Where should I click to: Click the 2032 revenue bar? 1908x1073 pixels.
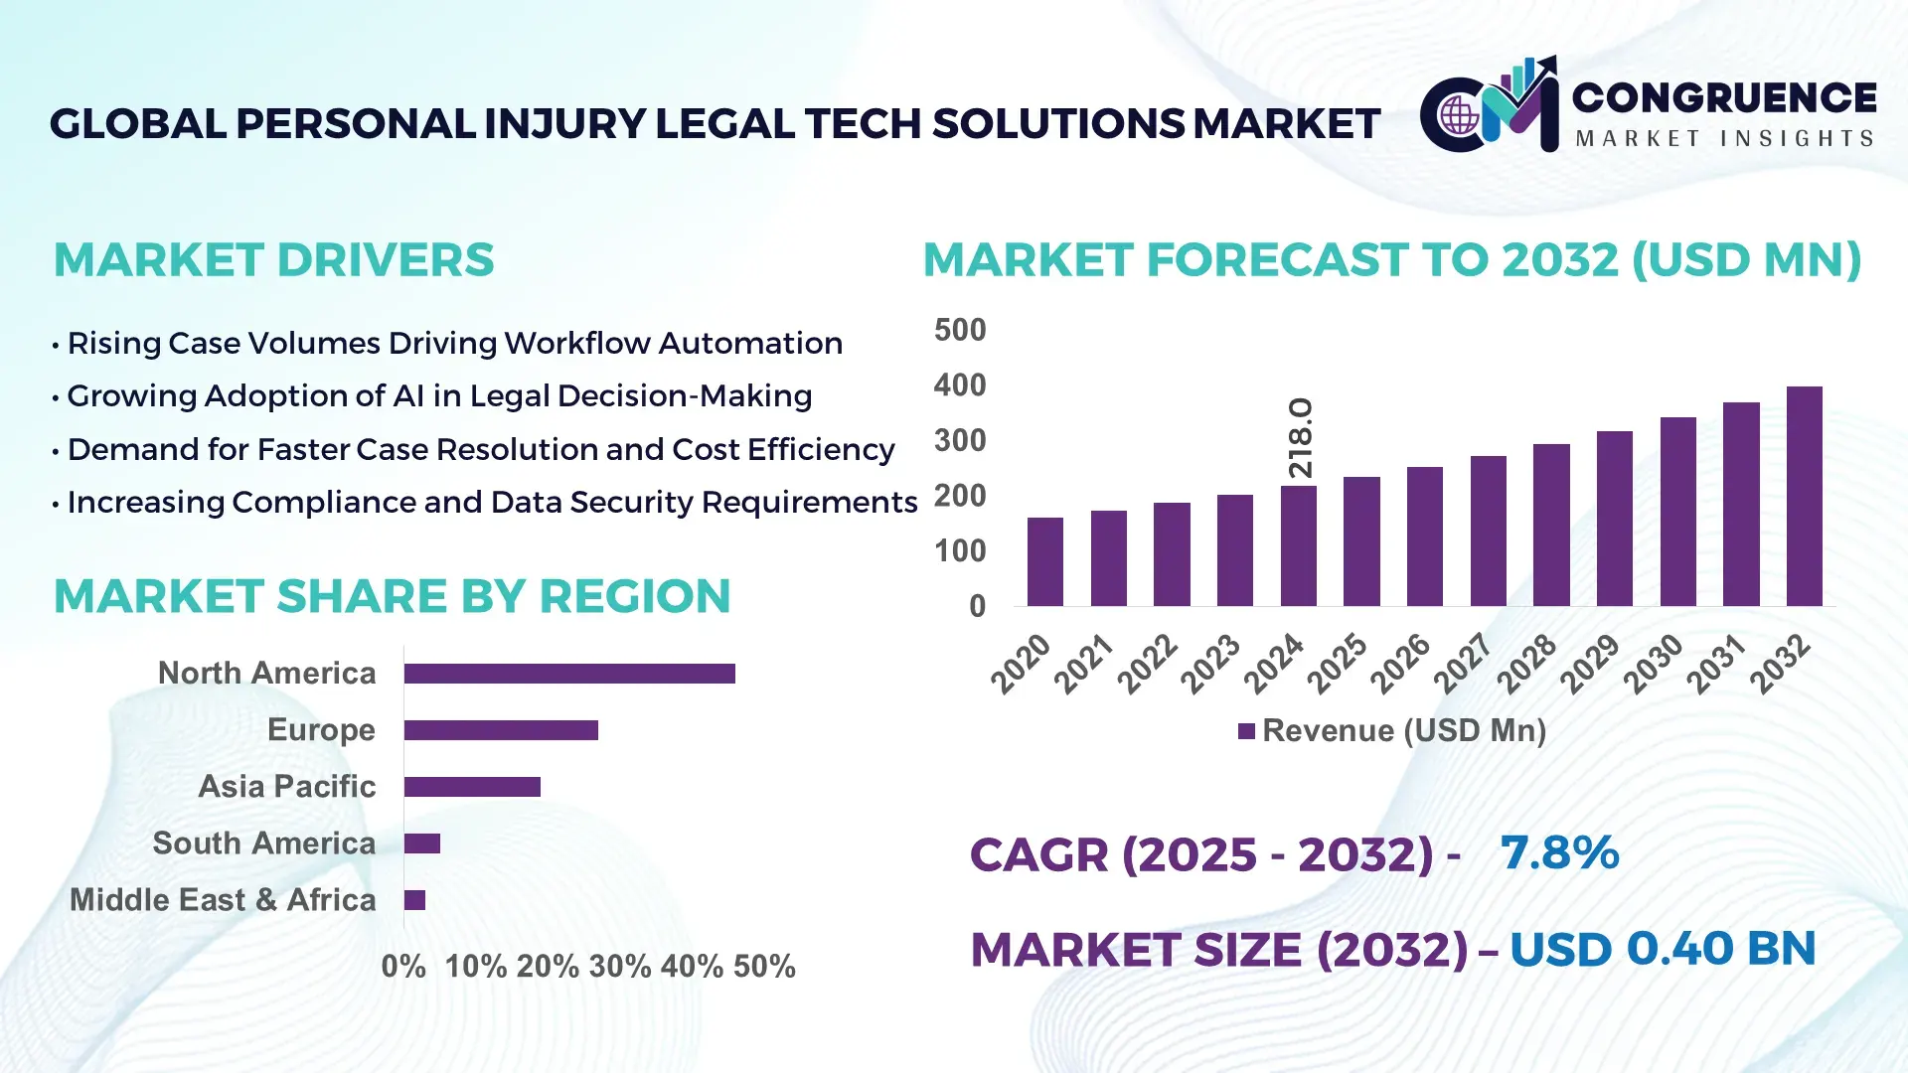(x=1804, y=497)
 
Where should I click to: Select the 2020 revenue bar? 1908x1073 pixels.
(x=1044, y=562)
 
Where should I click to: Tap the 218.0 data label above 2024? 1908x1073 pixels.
(x=1301, y=437)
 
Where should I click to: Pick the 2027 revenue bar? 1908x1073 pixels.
(x=1488, y=532)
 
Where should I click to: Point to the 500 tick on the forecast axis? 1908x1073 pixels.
(x=960, y=330)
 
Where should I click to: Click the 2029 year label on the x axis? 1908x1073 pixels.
(x=1589, y=664)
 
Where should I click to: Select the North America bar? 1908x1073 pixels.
(x=569, y=674)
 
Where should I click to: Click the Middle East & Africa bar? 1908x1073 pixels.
(x=414, y=900)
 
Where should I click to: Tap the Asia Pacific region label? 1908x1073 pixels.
(x=287, y=786)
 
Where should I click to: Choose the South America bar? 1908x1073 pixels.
(x=421, y=843)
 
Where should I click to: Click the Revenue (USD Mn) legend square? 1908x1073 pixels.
(x=1246, y=731)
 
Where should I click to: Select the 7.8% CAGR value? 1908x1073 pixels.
(x=1559, y=852)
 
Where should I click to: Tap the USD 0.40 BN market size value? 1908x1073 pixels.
(x=1662, y=948)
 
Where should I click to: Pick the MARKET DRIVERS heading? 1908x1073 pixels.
(x=273, y=260)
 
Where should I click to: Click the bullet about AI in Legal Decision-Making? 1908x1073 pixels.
(x=438, y=395)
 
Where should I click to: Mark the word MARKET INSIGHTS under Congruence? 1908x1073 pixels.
(x=1724, y=138)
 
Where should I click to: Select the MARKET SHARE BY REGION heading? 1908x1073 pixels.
(x=392, y=596)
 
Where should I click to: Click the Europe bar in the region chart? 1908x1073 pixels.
(x=501, y=730)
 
